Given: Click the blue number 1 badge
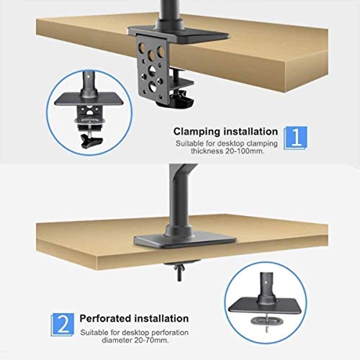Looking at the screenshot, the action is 295,138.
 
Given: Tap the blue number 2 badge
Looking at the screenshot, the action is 63,325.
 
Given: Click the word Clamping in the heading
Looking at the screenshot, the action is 197,132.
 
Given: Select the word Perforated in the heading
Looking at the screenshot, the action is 105,318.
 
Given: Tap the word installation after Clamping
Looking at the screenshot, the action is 251,132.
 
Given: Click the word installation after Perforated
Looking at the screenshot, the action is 161,318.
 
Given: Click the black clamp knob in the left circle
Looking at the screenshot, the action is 92,141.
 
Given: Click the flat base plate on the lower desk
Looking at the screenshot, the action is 185,241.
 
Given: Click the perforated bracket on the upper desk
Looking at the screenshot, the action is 152,70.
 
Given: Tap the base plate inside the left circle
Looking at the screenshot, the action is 89,99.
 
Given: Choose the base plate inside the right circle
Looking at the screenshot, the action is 265,305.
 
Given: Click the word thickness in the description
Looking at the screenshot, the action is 207,151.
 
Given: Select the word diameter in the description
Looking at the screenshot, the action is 116,340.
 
